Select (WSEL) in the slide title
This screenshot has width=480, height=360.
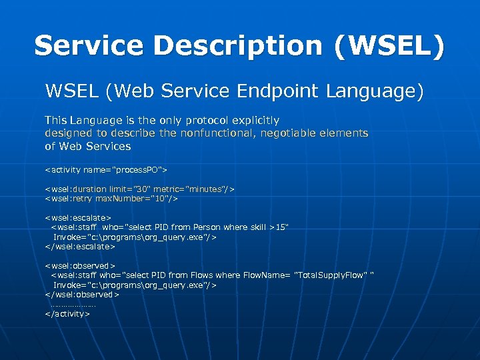(x=391, y=46)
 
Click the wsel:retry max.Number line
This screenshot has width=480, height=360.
(x=111, y=199)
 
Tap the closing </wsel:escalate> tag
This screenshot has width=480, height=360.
(x=79, y=246)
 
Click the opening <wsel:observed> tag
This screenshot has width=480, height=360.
(x=80, y=265)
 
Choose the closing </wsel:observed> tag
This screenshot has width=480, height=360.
(x=81, y=294)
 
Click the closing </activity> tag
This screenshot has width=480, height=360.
(x=67, y=313)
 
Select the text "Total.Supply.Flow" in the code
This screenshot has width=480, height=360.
(x=331, y=275)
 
